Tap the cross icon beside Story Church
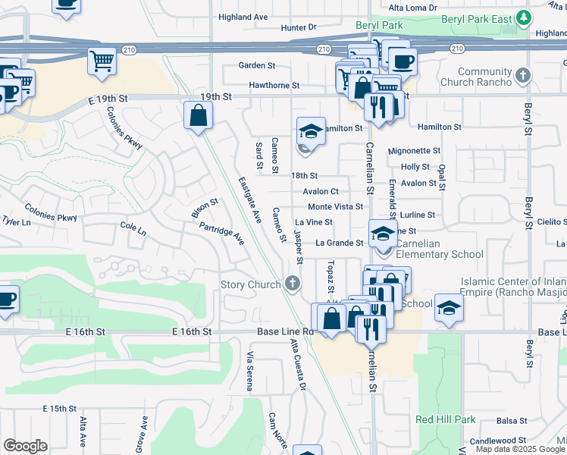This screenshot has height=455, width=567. [293, 284]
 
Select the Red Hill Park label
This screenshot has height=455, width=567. [445, 419]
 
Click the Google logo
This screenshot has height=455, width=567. [25, 445]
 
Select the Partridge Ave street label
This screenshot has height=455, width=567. [221, 233]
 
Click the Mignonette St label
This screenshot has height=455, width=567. [414, 151]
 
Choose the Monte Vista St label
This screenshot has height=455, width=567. [336, 206]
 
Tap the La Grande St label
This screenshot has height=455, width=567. [340, 243]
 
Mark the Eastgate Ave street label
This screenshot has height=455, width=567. [249, 200]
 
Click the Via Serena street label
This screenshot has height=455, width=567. [249, 372]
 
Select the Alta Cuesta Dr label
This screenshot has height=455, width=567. [297, 364]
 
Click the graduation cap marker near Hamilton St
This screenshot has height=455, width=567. [311, 131]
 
